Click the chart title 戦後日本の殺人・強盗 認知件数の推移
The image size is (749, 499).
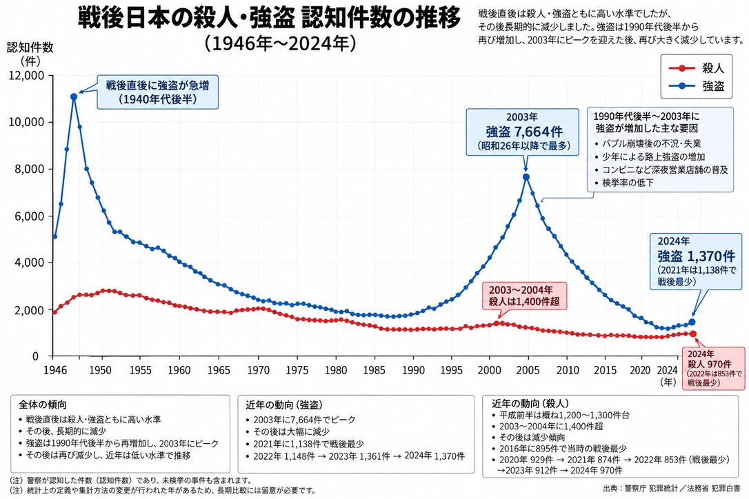(x=269, y=19)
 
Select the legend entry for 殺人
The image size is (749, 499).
(x=697, y=68)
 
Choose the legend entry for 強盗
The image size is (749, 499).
(x=697, y=86)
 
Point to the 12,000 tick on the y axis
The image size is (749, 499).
(x=27, y=75)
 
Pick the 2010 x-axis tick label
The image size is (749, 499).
(x=568, y=370)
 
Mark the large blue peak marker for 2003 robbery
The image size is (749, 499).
(x=526, y=177)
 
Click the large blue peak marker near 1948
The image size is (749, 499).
(x=74, y=97)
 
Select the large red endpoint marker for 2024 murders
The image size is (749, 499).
(x=693, y=334)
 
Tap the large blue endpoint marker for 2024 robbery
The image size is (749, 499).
(x=692, y=323)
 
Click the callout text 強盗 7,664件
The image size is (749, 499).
(x=524, y=132)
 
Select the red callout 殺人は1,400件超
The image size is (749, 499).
(x=523, y=302)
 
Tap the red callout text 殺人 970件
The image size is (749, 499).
(x=710, y=364)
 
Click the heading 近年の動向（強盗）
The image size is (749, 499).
(x=284, y=405)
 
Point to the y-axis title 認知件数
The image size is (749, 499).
(x=30, y=48)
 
